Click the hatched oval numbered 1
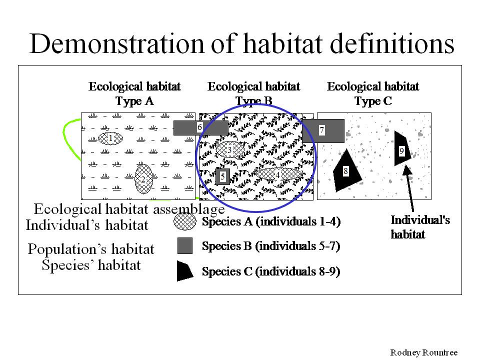[x=110, y=138]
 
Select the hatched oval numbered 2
[x=143, y=179]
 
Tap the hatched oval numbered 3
[x=230, y=149]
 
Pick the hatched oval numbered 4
[x=278, y=175]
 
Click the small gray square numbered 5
[x=222, y=176]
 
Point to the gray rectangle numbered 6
[x=201, y=127]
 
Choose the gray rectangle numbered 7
[x=323, y=130]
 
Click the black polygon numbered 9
[x=401, y=149]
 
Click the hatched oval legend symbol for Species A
[x=185, y=221]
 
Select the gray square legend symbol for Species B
[x=185, y=246]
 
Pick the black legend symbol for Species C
[x=184, y=270]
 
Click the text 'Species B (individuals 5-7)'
[x=271, y=246]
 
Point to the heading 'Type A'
[x=134, y=100]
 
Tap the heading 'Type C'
[x=373, y=100]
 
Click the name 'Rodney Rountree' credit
[x=423, y=352]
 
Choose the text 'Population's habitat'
[x=91, y=249]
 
